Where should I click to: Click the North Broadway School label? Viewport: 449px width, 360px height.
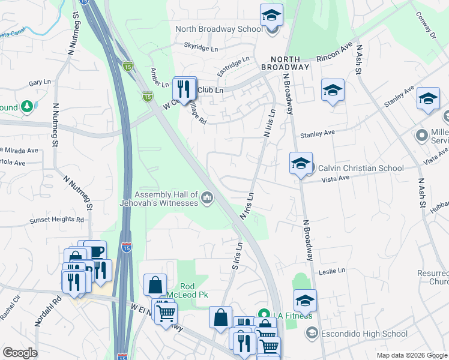pyautogui.click(x=218, y=29)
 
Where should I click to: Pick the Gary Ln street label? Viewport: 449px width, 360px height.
pyautogui.click(x=39, y=82)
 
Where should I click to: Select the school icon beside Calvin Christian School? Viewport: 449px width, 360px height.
pyautogui.click(x=301, y=163)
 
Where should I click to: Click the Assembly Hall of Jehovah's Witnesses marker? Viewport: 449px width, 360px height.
pyautogui.click(x=207, y=197)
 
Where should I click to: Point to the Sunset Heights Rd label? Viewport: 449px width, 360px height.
pyautogui.click(x=57, y=221)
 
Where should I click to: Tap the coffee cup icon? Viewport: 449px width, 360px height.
pyautogui.click(x=95, y=251)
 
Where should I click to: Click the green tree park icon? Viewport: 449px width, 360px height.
pyautogui.click(x=26, y=107)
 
